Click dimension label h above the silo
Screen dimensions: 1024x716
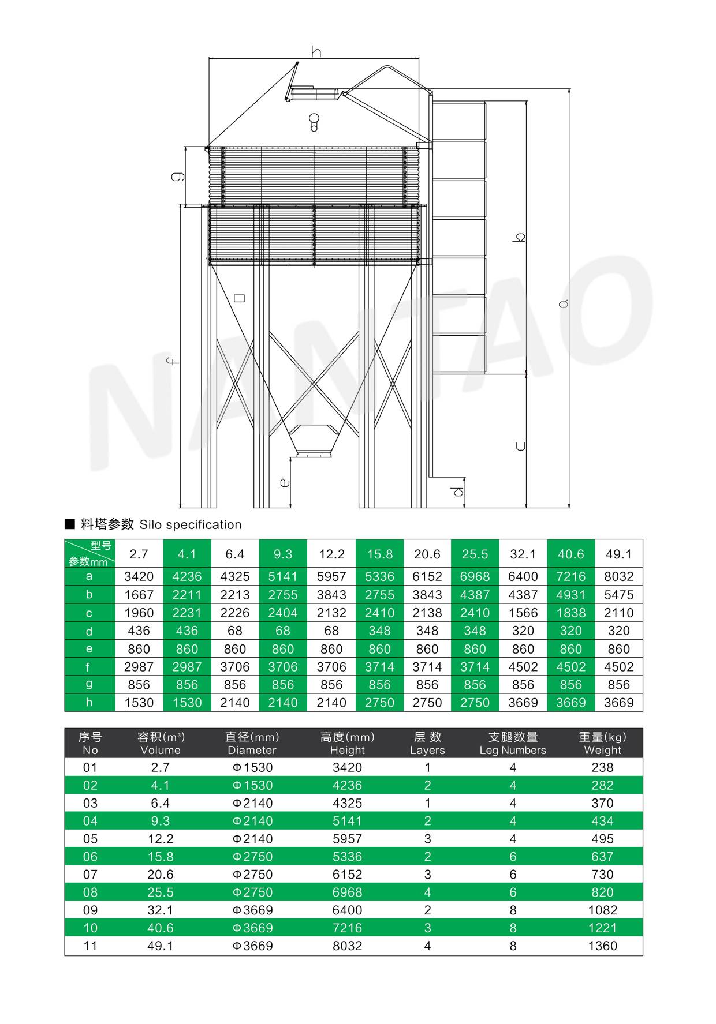tap(316, 51)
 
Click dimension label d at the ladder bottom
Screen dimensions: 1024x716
tap(458, 492)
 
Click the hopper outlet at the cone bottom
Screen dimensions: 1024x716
tap(314, 455)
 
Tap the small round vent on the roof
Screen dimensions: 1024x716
tap(314, 122)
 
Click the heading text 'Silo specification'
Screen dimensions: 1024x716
tap(191, 524)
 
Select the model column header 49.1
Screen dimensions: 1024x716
tap(618, 554)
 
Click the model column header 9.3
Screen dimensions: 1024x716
tap(283, 554)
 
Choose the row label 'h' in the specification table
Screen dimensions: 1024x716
tap(89, 702)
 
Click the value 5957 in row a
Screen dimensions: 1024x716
tap(331, 576)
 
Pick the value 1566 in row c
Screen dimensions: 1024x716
tap(523, 613)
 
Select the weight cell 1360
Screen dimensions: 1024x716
tap(602, 946)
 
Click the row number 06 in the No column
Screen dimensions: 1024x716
tap(91, 856)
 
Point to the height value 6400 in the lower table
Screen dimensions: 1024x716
tap(347, 910)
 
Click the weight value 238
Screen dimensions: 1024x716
tap(602, 767)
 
